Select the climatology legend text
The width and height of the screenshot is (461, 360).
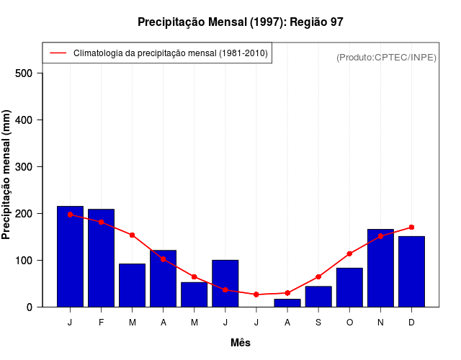coord(171,53)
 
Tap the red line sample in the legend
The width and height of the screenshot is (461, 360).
coord(58,53)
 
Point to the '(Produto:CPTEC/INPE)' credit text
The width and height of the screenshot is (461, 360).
coord(386,57)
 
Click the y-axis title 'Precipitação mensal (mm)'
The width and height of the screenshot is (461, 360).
coord(7,175)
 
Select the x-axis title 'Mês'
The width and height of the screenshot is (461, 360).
coord(241,343)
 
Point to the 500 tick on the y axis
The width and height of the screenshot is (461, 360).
coord(28,73)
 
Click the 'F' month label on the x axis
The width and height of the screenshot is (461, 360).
coord(101,323)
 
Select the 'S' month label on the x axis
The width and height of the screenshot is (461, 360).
coord(318,323)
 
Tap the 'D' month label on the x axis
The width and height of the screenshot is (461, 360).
coord(411,323)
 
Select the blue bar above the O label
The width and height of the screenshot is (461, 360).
coord(349,287)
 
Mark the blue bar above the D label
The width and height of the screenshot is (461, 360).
coord(411,271)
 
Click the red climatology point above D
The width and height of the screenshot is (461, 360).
coord(411,228)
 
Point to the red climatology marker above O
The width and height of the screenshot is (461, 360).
coord(349,253)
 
